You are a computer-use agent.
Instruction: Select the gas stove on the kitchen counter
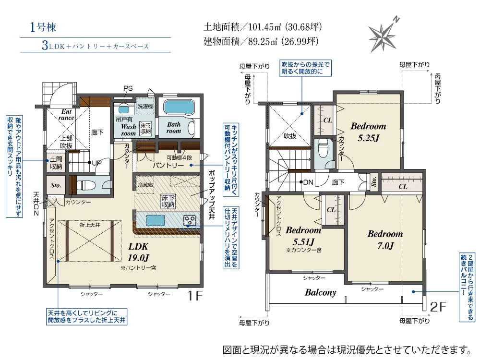tap(190, 221)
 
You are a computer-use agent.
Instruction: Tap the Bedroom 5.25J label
tap(368, 132)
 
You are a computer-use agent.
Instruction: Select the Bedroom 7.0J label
tap(385, 240)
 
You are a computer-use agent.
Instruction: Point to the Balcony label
tap(320, 292)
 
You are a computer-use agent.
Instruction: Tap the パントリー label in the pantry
tap(168, 166)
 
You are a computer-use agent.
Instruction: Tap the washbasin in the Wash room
tap(124, 109)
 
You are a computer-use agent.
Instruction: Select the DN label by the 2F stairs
tap(308, 182)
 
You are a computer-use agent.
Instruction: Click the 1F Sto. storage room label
tap(55, 185)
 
